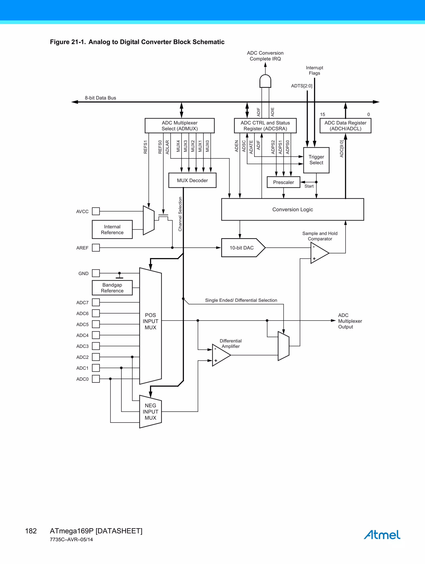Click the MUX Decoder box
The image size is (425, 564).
192,180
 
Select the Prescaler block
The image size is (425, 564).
283,182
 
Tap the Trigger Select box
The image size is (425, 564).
316,160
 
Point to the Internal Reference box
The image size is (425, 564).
112,229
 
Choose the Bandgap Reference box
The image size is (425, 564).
112,288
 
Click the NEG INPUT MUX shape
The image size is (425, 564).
150,412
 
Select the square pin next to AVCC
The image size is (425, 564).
96,211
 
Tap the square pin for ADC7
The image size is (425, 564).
96,302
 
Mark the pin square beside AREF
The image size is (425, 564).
96,248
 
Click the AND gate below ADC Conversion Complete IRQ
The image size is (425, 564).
265,81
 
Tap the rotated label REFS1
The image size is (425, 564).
145,147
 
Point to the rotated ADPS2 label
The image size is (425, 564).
273,147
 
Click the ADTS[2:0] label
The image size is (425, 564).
302,86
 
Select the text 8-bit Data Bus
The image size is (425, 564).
100,98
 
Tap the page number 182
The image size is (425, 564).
31,531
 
